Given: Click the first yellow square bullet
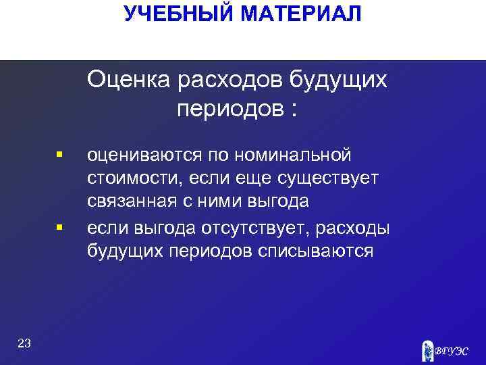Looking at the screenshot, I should pyautogui.click(x=60, y=155).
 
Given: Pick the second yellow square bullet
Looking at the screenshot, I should pyautogui.click(x=60, y=227).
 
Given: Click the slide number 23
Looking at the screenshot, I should pyautogui.click(x=24, y=344).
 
